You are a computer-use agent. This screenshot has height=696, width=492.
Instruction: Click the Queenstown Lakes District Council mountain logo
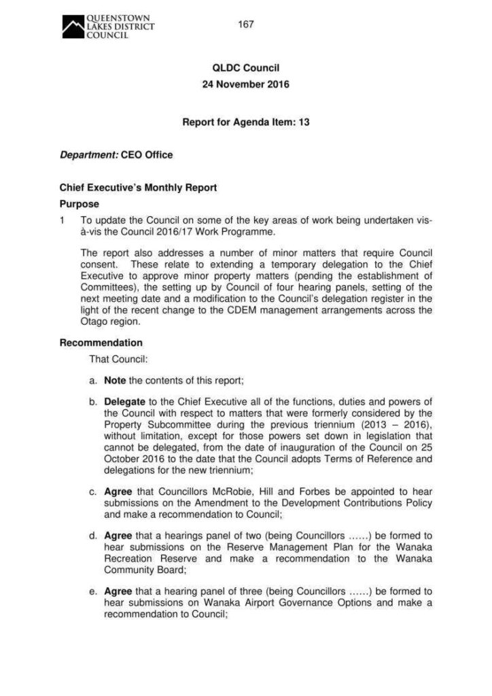(x=72, y=27)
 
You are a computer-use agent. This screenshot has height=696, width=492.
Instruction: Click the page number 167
(x=246, y=24)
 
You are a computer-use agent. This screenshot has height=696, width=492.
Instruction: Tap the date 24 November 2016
(x=246, y=85)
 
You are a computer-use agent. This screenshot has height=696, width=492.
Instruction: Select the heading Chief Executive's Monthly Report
(x=139, y=188)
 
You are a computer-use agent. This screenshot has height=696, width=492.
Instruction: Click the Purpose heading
(x=80, y=204)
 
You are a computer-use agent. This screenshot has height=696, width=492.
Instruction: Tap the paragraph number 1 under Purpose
(x=63, y=221)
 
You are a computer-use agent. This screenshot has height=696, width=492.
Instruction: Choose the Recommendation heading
(x=101, y=343)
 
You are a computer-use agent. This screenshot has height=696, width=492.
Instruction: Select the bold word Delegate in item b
(x=124, y=402)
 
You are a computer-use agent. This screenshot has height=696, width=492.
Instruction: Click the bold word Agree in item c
(x=118, y=491)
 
